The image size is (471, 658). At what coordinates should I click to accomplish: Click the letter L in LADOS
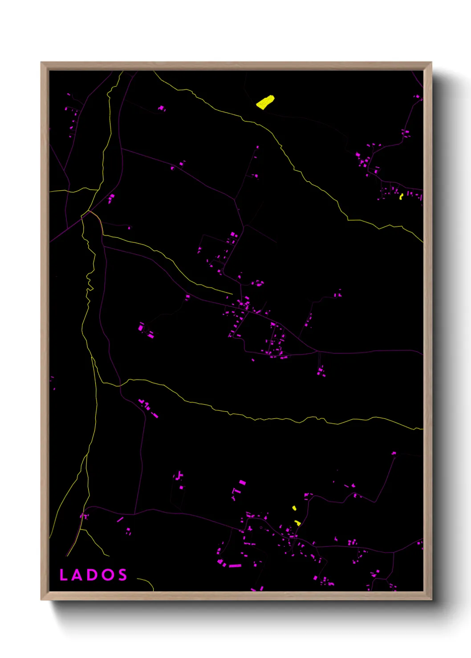point(63,575)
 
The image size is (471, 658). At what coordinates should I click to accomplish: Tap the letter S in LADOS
point(122,575)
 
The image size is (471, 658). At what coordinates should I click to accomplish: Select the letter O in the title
point(107,575)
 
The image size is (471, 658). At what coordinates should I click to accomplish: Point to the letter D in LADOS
point(92,575)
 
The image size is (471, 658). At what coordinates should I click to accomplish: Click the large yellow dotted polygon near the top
point(265,102)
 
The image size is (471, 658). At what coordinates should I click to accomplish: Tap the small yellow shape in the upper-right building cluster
point(401,196)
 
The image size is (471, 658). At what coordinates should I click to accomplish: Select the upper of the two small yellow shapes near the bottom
point(294,508)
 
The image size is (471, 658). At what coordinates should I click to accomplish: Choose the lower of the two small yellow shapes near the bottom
point(297,523)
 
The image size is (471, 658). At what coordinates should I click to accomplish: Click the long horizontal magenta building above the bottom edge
point(235,566)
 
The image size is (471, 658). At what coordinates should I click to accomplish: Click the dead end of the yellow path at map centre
point(232,293)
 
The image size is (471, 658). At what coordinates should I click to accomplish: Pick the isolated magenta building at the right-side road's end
point(394,453)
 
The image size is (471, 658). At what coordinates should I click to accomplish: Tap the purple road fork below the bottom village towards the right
point(394,553)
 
